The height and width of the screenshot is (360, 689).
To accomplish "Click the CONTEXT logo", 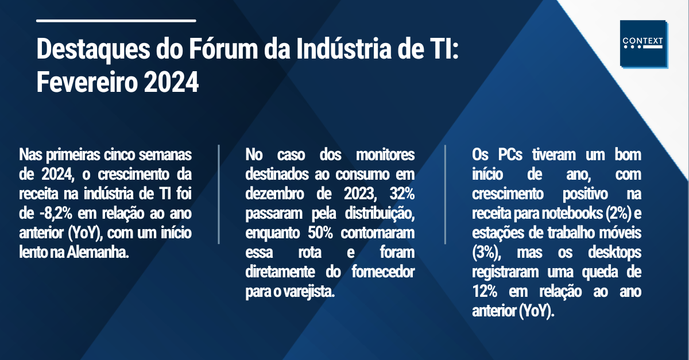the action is pyautogui.click(x=644, y=44).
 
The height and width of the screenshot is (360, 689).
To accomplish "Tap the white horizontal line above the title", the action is pyautogui.click(x=116, y=21).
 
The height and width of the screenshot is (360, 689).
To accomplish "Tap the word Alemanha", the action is pyautogui.click(x=98, y=253).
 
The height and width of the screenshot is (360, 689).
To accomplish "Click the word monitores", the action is pyautogui.click(x=385, y=154).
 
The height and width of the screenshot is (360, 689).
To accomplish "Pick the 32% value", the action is pyautogui.click(x=402, y=194).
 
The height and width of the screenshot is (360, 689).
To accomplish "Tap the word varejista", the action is pyautogui.click(x=309, y=292).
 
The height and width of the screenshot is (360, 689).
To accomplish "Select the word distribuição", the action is pyautogui.click(x=380, y=214).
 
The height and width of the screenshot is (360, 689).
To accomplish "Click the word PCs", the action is pyautogui.click(x=510, y=154).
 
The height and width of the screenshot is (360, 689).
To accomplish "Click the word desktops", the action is pyautogui.click(x=614, y=253).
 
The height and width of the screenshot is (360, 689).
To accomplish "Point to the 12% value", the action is pyautogui.click(x=485, y=292).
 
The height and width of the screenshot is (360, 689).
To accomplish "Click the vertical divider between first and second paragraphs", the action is pyautogui.click(x=219, y=195).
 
